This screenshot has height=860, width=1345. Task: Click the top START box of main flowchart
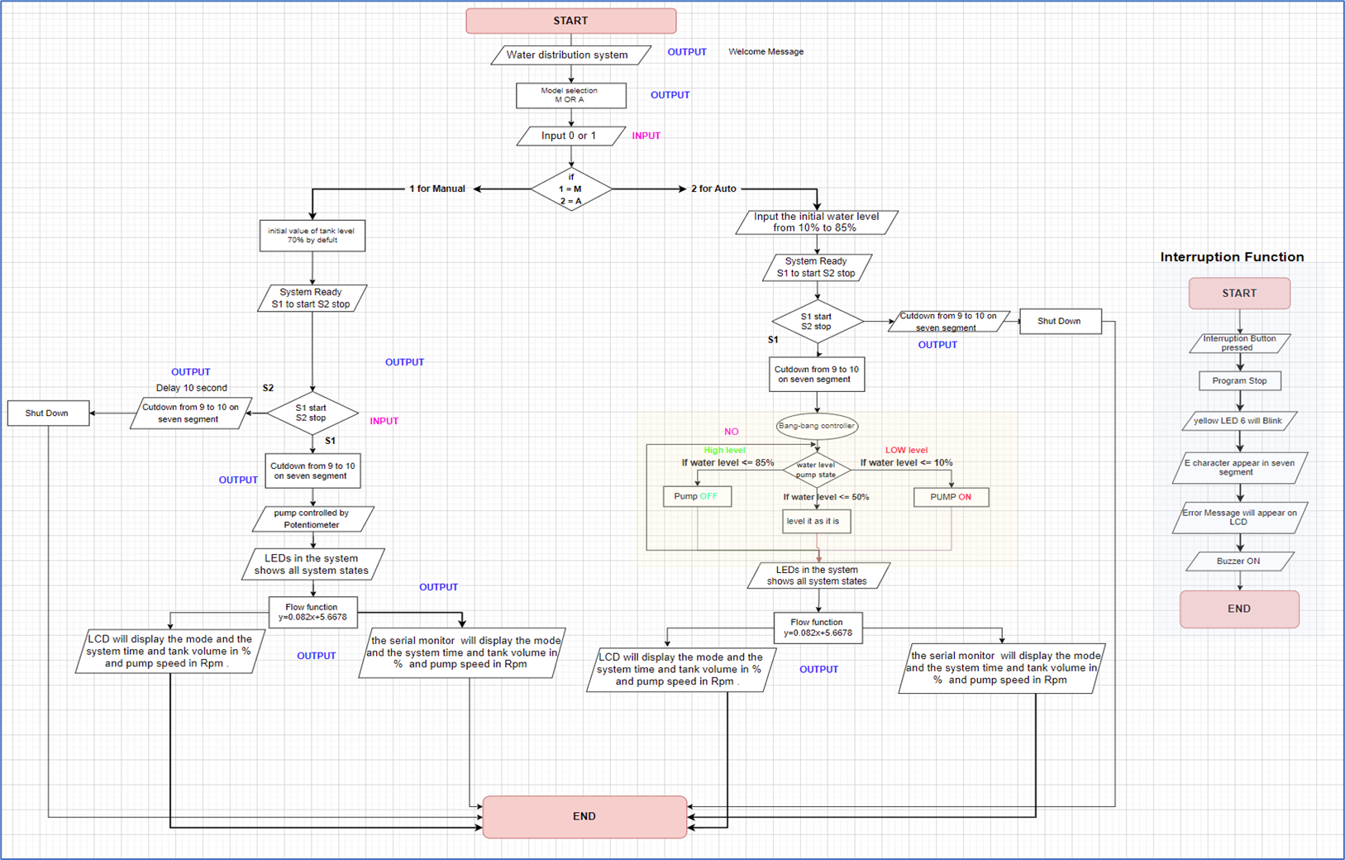570,21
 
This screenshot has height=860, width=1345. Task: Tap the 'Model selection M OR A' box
570,95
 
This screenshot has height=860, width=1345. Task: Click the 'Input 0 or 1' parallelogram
570,136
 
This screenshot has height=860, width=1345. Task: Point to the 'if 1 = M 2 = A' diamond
570,189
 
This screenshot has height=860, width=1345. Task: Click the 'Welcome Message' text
766,52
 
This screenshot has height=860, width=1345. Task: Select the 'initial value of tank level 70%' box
312,236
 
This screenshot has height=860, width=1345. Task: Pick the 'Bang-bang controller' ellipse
817,426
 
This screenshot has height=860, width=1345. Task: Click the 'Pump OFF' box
697,497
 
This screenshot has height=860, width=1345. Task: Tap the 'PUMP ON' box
951,497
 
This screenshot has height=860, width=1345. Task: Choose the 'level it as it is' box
816,521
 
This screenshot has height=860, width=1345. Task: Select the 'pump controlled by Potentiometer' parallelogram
312,519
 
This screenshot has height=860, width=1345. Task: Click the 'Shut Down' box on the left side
48,413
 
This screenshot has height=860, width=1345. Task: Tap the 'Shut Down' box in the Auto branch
1060,321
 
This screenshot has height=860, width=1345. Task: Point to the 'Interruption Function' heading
1232,257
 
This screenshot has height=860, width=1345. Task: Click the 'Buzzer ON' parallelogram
1238,561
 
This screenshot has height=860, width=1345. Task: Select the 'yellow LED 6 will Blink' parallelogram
1238,421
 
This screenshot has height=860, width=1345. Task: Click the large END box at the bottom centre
584,816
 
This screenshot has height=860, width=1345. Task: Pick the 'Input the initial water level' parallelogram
816,222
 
